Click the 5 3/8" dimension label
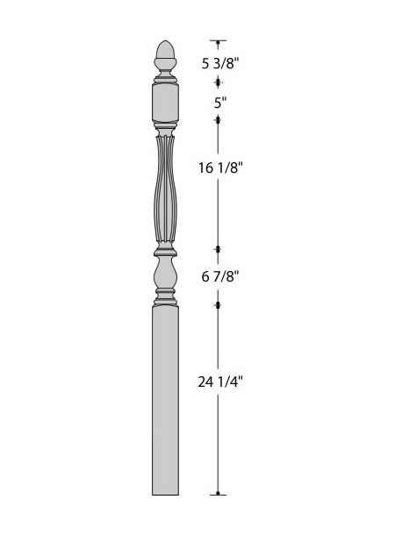(x=219, y=63)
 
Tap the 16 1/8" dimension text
(x=220, y=168)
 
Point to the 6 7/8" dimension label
(x=219, y=276)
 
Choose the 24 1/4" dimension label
(x=220, y=382)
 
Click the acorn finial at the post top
(x=165, y=55)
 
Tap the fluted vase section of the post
(x=165, y=189)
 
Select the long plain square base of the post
(x=165, y=400)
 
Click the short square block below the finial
(x=165, y=103)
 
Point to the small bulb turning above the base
(x=165, y=274)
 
